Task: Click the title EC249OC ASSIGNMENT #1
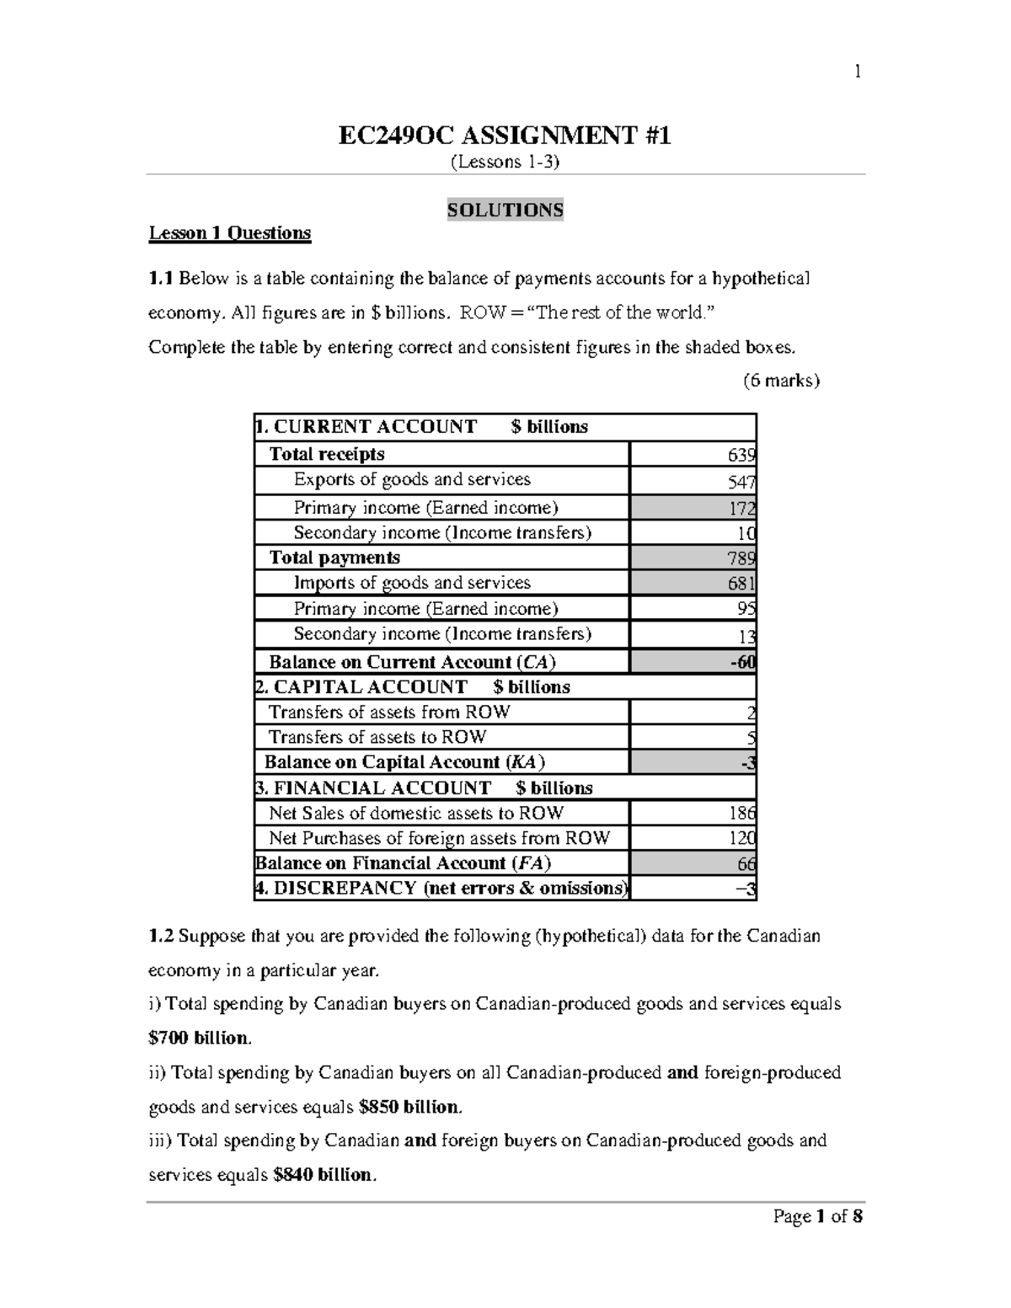[505, 135]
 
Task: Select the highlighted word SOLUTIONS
[505, 210]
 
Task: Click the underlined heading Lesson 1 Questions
[230, 233]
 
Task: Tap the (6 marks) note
[781, 381]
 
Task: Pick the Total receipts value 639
[741, 456]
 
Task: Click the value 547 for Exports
[741, 482]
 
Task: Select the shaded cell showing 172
[741, 509]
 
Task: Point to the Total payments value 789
[741, 559]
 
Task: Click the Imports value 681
[741, 584]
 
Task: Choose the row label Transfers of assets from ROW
[389, 713]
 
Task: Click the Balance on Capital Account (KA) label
[404, 762]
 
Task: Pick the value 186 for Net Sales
[741, 814]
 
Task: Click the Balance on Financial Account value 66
[746, 864]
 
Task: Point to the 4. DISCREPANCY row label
[441, 889]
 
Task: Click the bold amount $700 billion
[200, 1038]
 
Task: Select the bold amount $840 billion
[323, 1175]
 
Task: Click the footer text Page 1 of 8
[818, 1217]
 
